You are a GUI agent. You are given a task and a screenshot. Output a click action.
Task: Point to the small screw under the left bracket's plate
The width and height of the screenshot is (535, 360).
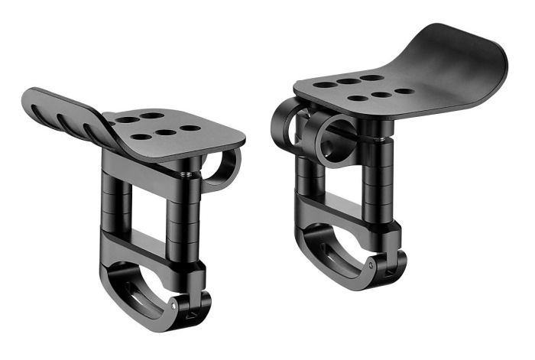click(x=186, y=174)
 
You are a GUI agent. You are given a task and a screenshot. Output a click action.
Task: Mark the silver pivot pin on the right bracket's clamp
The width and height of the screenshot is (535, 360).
click(x=370, y=262)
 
